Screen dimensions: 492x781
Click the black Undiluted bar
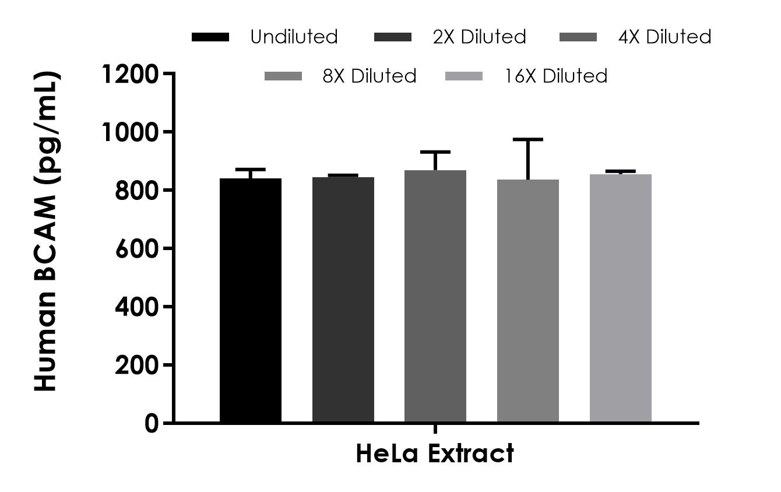[250, 300]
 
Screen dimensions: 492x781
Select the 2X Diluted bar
[343, 300]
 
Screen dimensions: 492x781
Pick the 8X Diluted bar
[527, 301]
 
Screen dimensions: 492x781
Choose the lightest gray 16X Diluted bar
[620, 298]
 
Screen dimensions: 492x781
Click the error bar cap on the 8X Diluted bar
[527, 139]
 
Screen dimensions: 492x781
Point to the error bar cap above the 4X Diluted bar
[435, 152]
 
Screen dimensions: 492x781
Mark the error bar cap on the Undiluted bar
[250, 169]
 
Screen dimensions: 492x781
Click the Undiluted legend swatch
[210, 37]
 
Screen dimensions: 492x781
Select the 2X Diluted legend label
[479, 37]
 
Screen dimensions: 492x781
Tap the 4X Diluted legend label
[664, 37]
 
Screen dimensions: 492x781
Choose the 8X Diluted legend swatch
[283, 76]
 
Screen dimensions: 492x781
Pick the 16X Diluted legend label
[556, 76]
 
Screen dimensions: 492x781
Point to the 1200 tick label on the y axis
[129, 74]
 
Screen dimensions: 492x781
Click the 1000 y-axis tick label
[129, 132]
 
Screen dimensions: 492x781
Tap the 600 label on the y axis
[136, 248]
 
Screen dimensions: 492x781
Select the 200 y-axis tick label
[136, 365]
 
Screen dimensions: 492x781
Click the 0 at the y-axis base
[152, 423]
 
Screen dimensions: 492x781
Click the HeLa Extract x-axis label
[435, 454]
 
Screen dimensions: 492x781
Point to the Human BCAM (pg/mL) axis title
[47, 231]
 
